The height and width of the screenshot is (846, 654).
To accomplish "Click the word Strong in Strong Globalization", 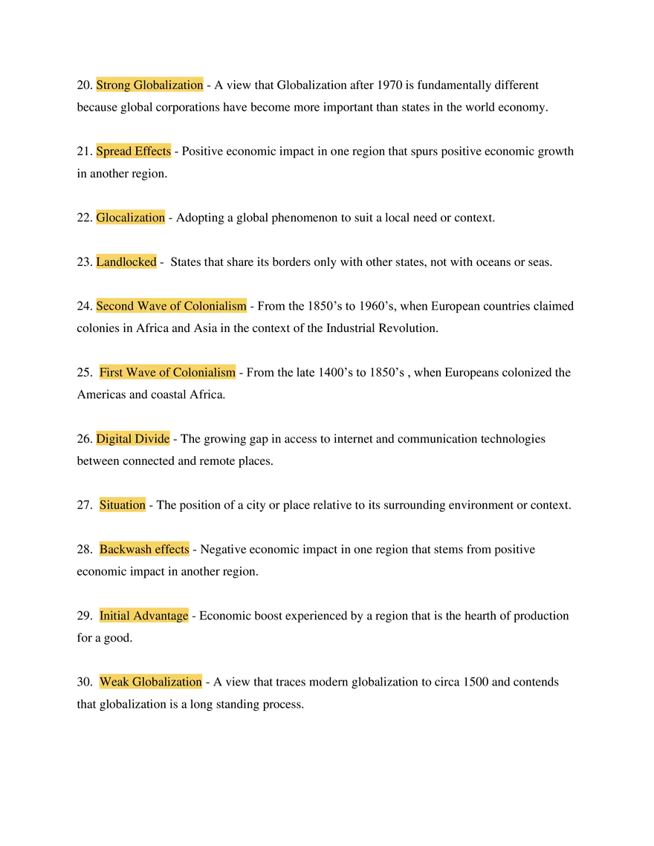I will tap(113, 85).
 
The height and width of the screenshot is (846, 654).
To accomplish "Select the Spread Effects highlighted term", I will tap(134, 151).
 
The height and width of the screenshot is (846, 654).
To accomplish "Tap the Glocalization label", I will tap(130, 218).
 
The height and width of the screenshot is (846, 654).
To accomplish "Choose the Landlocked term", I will tap(126, 261).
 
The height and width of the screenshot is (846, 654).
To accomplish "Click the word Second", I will tap(114, 306).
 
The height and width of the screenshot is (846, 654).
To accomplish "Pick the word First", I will tap(111, 372).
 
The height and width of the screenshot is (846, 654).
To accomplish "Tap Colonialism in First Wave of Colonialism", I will tap(204, 372).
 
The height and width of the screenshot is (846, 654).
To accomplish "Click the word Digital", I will tap(113, 438).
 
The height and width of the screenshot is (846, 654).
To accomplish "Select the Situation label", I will tap(123, 505).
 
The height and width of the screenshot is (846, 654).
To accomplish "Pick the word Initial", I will tap(114, 616).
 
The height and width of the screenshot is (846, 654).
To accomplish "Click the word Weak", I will tap(114, 682).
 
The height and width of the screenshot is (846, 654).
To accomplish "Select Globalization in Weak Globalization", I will tap(167, 682).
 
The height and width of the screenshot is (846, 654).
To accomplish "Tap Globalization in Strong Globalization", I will tap(169, 85).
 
